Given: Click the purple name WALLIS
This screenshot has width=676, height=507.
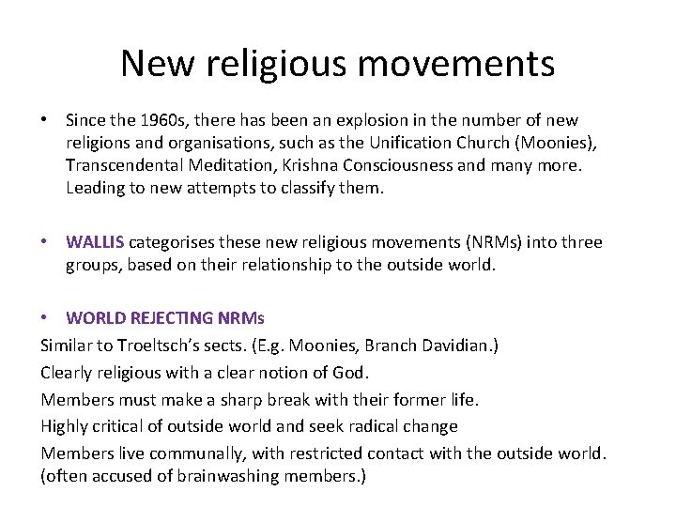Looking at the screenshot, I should click(x=96, y=242).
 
